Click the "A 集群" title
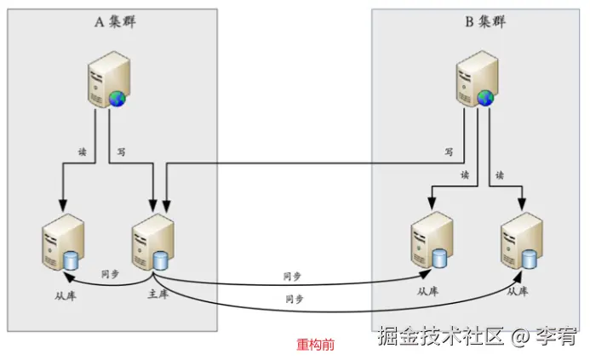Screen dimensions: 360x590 click(114, 22)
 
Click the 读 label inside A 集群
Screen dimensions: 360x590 click(83, 151)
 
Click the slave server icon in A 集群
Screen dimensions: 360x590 click(62, 243)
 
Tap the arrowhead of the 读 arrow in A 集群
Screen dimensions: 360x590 click(62, 207)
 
